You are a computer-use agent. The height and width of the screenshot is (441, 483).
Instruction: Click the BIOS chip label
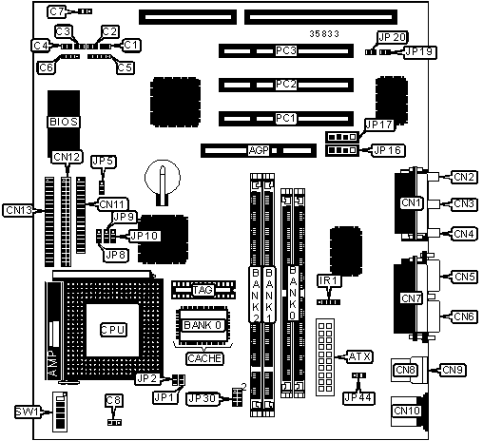pos(64,122)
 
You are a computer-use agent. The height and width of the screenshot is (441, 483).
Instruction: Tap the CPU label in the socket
pos(113,330)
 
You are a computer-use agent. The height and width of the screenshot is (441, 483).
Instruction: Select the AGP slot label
pos(259,150)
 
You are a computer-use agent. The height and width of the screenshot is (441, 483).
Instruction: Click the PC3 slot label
pos(286,50)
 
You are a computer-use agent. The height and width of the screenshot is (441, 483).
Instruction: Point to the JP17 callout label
pos(379,125)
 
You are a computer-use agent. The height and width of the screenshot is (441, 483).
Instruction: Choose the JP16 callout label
pos(388,150)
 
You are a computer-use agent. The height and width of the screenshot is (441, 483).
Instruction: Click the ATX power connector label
pos(359,356)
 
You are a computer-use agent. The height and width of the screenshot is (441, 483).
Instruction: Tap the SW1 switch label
pos(29,412)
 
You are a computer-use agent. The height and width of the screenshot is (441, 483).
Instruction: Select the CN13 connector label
pos(19,210)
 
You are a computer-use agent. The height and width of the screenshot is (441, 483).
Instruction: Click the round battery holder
pos(163,179)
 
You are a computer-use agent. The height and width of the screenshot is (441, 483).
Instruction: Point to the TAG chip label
pos(203,290)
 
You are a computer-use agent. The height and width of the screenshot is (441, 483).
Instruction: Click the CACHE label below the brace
pos(204,358)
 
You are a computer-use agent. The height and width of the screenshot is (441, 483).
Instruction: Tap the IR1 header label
pos(329,280)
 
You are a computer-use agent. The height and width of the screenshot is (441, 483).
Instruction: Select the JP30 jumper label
pos(202,398)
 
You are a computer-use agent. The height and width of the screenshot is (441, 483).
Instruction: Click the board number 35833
pos(324,33)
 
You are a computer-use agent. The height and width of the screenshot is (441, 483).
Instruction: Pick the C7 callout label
pos(57,11)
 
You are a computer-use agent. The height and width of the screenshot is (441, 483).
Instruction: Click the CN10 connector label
pos(407,411)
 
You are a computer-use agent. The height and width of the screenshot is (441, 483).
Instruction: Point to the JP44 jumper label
pos(358,398)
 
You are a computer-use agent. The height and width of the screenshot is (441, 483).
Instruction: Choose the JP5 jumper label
pos(104,162)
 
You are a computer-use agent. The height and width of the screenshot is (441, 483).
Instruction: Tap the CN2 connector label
pos(464,177)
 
